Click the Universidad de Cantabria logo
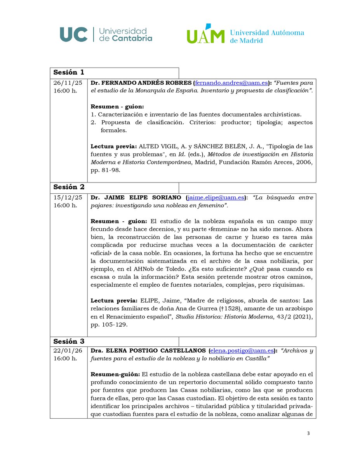(x=106, y=34)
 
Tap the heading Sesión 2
(x=69, y=187)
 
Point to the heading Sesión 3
(x=69, y=341)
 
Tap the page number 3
(x=307, y=433)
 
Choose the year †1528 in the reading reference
(x=220, y=309)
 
